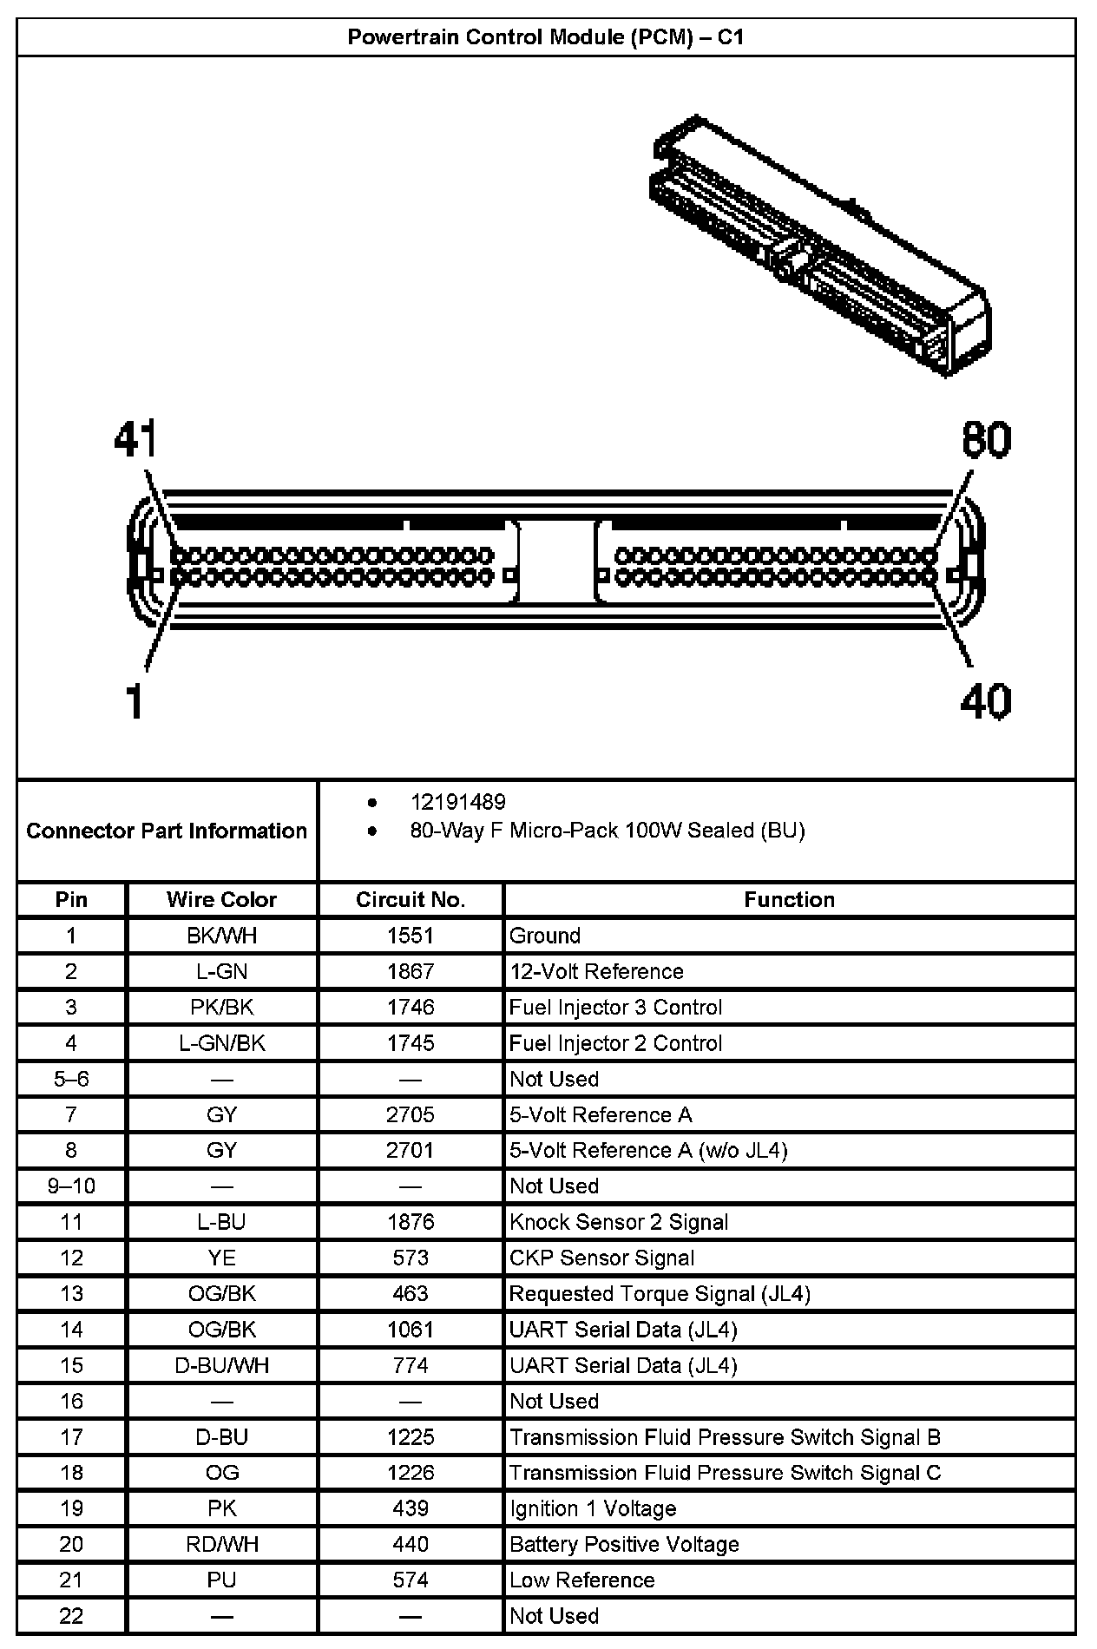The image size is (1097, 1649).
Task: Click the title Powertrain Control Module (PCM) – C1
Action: [x=545, y=37]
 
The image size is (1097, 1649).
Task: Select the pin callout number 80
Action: [x=986, y=440]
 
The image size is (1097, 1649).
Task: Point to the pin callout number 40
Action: [x=985, y=701]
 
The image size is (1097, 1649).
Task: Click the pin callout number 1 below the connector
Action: [x=134, y=701]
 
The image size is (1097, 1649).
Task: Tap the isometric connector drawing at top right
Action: [x=820, y=247]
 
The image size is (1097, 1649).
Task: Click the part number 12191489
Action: [x=457, y=802]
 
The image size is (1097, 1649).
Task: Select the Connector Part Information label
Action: [x=167, y=831]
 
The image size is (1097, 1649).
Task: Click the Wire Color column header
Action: [x=221, y=899]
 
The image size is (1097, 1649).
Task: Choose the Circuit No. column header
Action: [x=411, y=899]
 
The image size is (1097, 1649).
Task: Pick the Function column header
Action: [x=789, y=899]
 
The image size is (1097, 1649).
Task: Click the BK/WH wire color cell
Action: [x=221, y=936]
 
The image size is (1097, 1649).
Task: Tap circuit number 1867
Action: [x=411, y=971]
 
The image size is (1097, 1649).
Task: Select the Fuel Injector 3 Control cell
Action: [x=615, y=1007]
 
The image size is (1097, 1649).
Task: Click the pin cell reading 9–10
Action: [x=71, y=1186]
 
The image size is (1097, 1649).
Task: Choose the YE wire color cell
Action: [x=221, y=1258]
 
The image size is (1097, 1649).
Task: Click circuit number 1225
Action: [x=411, y=1436]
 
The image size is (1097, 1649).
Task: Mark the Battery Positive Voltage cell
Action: [x=624, y=1544]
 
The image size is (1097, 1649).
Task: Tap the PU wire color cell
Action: [x=221, y=1580]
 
